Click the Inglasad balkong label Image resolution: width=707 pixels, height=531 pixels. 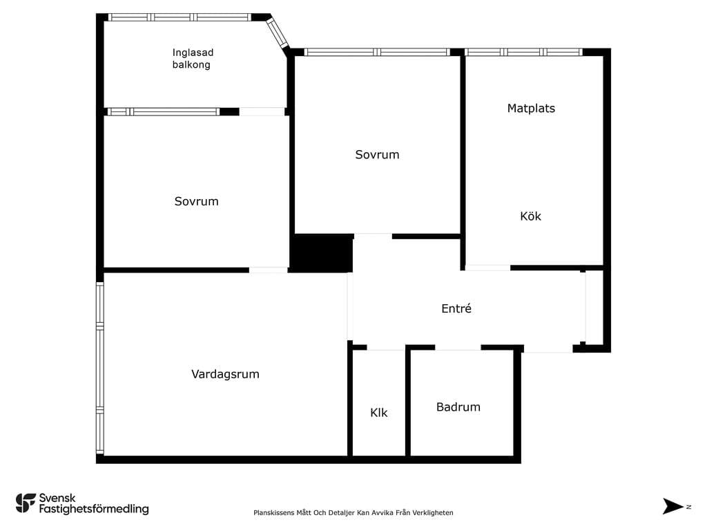click(193, 59)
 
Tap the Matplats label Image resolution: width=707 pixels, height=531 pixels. click(531, 109)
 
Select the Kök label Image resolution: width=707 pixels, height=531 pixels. click(530, 216)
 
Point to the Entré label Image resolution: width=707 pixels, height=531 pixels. click(456, 308)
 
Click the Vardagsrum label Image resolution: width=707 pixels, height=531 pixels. click(225, 374)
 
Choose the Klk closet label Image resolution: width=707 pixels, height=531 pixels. click(379, 412)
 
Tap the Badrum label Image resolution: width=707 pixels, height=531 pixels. click(458, 407)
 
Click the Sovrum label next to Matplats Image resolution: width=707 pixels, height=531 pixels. click(377, 154)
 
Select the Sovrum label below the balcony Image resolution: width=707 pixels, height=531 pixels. click(196, 201)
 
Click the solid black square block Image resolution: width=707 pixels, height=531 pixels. click(320, 252)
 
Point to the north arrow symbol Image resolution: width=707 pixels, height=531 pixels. click(672, 506)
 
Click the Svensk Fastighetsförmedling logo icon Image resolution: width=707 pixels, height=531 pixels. click(26, 503)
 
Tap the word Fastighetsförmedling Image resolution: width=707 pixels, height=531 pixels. click(94, 509)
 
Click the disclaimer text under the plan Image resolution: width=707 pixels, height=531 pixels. click(353, 512)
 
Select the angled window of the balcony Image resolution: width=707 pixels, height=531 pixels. click(277, 32)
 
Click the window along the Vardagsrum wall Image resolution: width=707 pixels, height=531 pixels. click(100, 368)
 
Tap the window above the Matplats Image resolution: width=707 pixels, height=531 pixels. click(523, 52)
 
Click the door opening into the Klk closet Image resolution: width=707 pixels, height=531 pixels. click(386, 348)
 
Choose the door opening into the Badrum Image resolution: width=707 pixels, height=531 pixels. click(458, 348)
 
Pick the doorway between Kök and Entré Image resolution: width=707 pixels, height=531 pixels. click(487, 268)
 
